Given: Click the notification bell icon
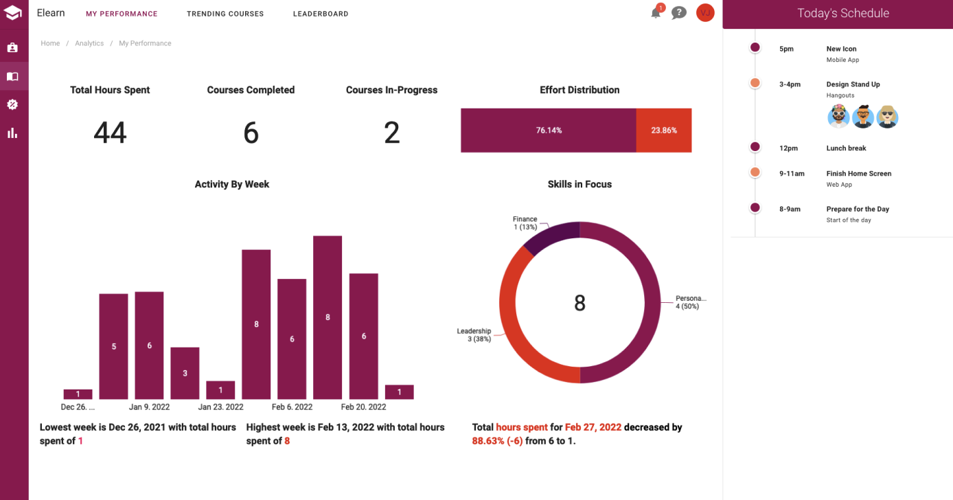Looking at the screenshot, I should click(656, 13).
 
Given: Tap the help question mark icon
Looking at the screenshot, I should click(678, 13).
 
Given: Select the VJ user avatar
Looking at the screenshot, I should click(705, 13).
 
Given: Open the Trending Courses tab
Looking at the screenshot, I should click(225, 14).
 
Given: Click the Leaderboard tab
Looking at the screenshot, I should click(321, 14).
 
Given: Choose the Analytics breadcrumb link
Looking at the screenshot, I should click(89, 43).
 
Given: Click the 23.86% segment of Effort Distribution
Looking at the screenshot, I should click(664, 130).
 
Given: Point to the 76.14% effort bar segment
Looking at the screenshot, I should click(549, 130).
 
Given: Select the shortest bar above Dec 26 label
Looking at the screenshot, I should click(78, 394).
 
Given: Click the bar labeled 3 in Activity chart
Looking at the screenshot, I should click(185, 373).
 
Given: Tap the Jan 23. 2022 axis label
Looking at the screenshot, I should click(220, 407).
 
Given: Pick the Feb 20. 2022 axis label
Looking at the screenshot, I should click(363, 407).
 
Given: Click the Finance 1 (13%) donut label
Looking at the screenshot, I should click(525, 223).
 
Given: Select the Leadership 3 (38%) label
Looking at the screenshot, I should click(474, 335).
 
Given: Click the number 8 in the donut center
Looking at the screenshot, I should click(579, 303).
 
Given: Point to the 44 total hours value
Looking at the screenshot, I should click(110, 133).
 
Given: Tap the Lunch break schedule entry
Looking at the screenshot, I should click(846, 148).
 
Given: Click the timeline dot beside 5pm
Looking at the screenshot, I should click(755, 47).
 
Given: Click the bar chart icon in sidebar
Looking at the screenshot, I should click(12, 133).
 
